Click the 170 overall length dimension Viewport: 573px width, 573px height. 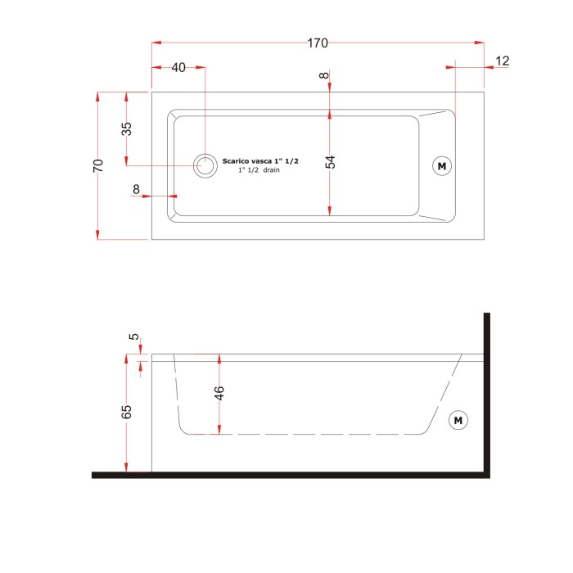pyautogui.click(x=318, y=43)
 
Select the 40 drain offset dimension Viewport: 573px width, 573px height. pyautogui.click(x=178, y=68)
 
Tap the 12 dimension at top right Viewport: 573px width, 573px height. pyautogui.click(x=502, y=61)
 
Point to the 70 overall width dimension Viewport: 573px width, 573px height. pyautogui.click(x=98, y=165)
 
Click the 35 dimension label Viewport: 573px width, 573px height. pyautogui.click(x=126, y=129)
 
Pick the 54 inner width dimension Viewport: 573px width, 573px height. pyautogui.click(x=330, y=162)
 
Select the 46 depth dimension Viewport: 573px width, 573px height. pyautogui.click(x=219, y=393)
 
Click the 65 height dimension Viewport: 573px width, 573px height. pyautogui.click(x=126, y=412)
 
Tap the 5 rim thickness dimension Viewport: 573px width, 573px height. pyautogui.click(x=134, y=336)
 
